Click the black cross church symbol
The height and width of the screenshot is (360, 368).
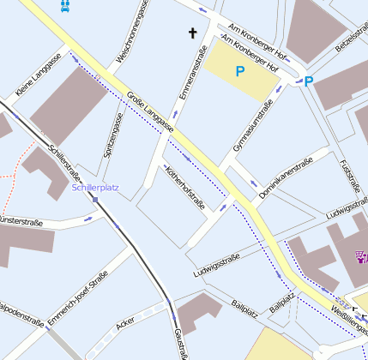click(192, 33)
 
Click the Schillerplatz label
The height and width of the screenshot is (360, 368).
click(95, 187)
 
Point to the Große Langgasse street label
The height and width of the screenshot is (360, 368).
click(150, 111)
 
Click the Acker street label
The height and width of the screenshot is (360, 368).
click(126, 322)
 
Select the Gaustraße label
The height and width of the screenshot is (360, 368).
click(181, 343)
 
